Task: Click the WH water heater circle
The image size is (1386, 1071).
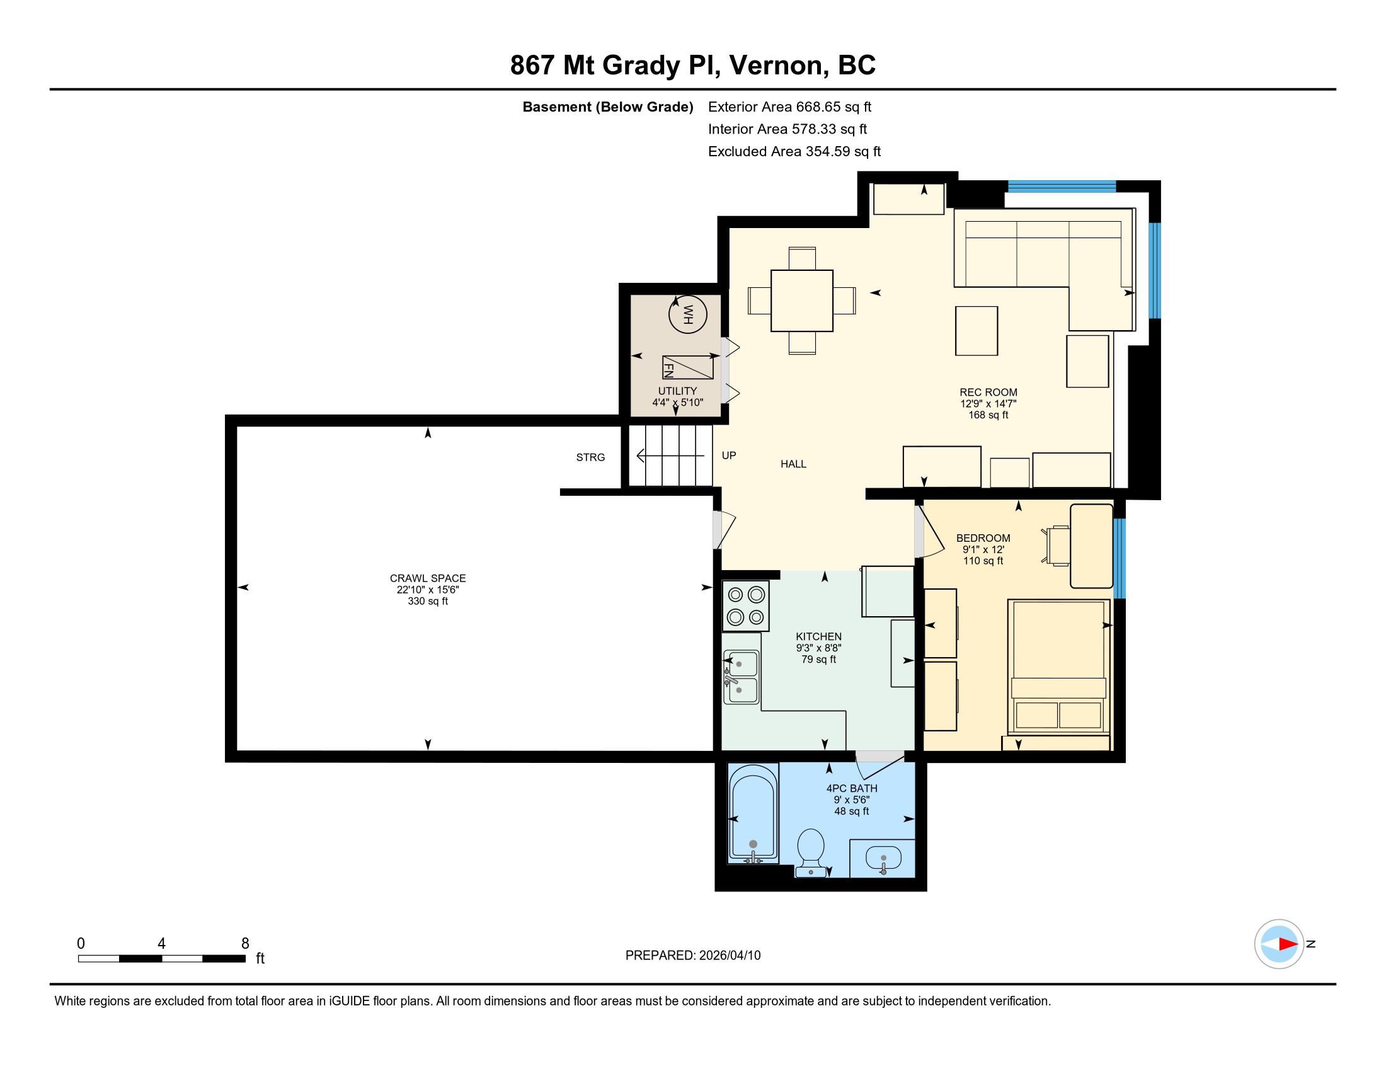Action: click(688, 314)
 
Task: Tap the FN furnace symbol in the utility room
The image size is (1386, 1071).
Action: click(688, 367)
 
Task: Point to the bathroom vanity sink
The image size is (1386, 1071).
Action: click(883, 859)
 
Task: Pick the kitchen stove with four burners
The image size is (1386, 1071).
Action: click(746, 606)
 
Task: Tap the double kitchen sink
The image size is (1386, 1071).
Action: click(742, 677)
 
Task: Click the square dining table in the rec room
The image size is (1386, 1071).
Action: click(802, 301)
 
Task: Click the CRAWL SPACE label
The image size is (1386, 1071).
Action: click(428, 578)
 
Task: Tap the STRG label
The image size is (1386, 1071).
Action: click(590, 457)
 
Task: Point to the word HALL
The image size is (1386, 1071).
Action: click(793, 464)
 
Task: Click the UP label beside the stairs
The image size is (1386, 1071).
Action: click(728, 455)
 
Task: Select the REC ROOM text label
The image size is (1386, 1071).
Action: click(988, 392)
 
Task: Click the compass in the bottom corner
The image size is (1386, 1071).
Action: click(1280, 944)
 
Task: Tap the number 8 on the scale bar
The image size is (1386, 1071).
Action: click(245, 944)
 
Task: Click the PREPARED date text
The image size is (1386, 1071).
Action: click(693, 956)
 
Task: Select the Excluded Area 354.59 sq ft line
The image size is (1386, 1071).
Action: click(794, 152)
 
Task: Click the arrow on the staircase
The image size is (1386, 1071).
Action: click(670, 455)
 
